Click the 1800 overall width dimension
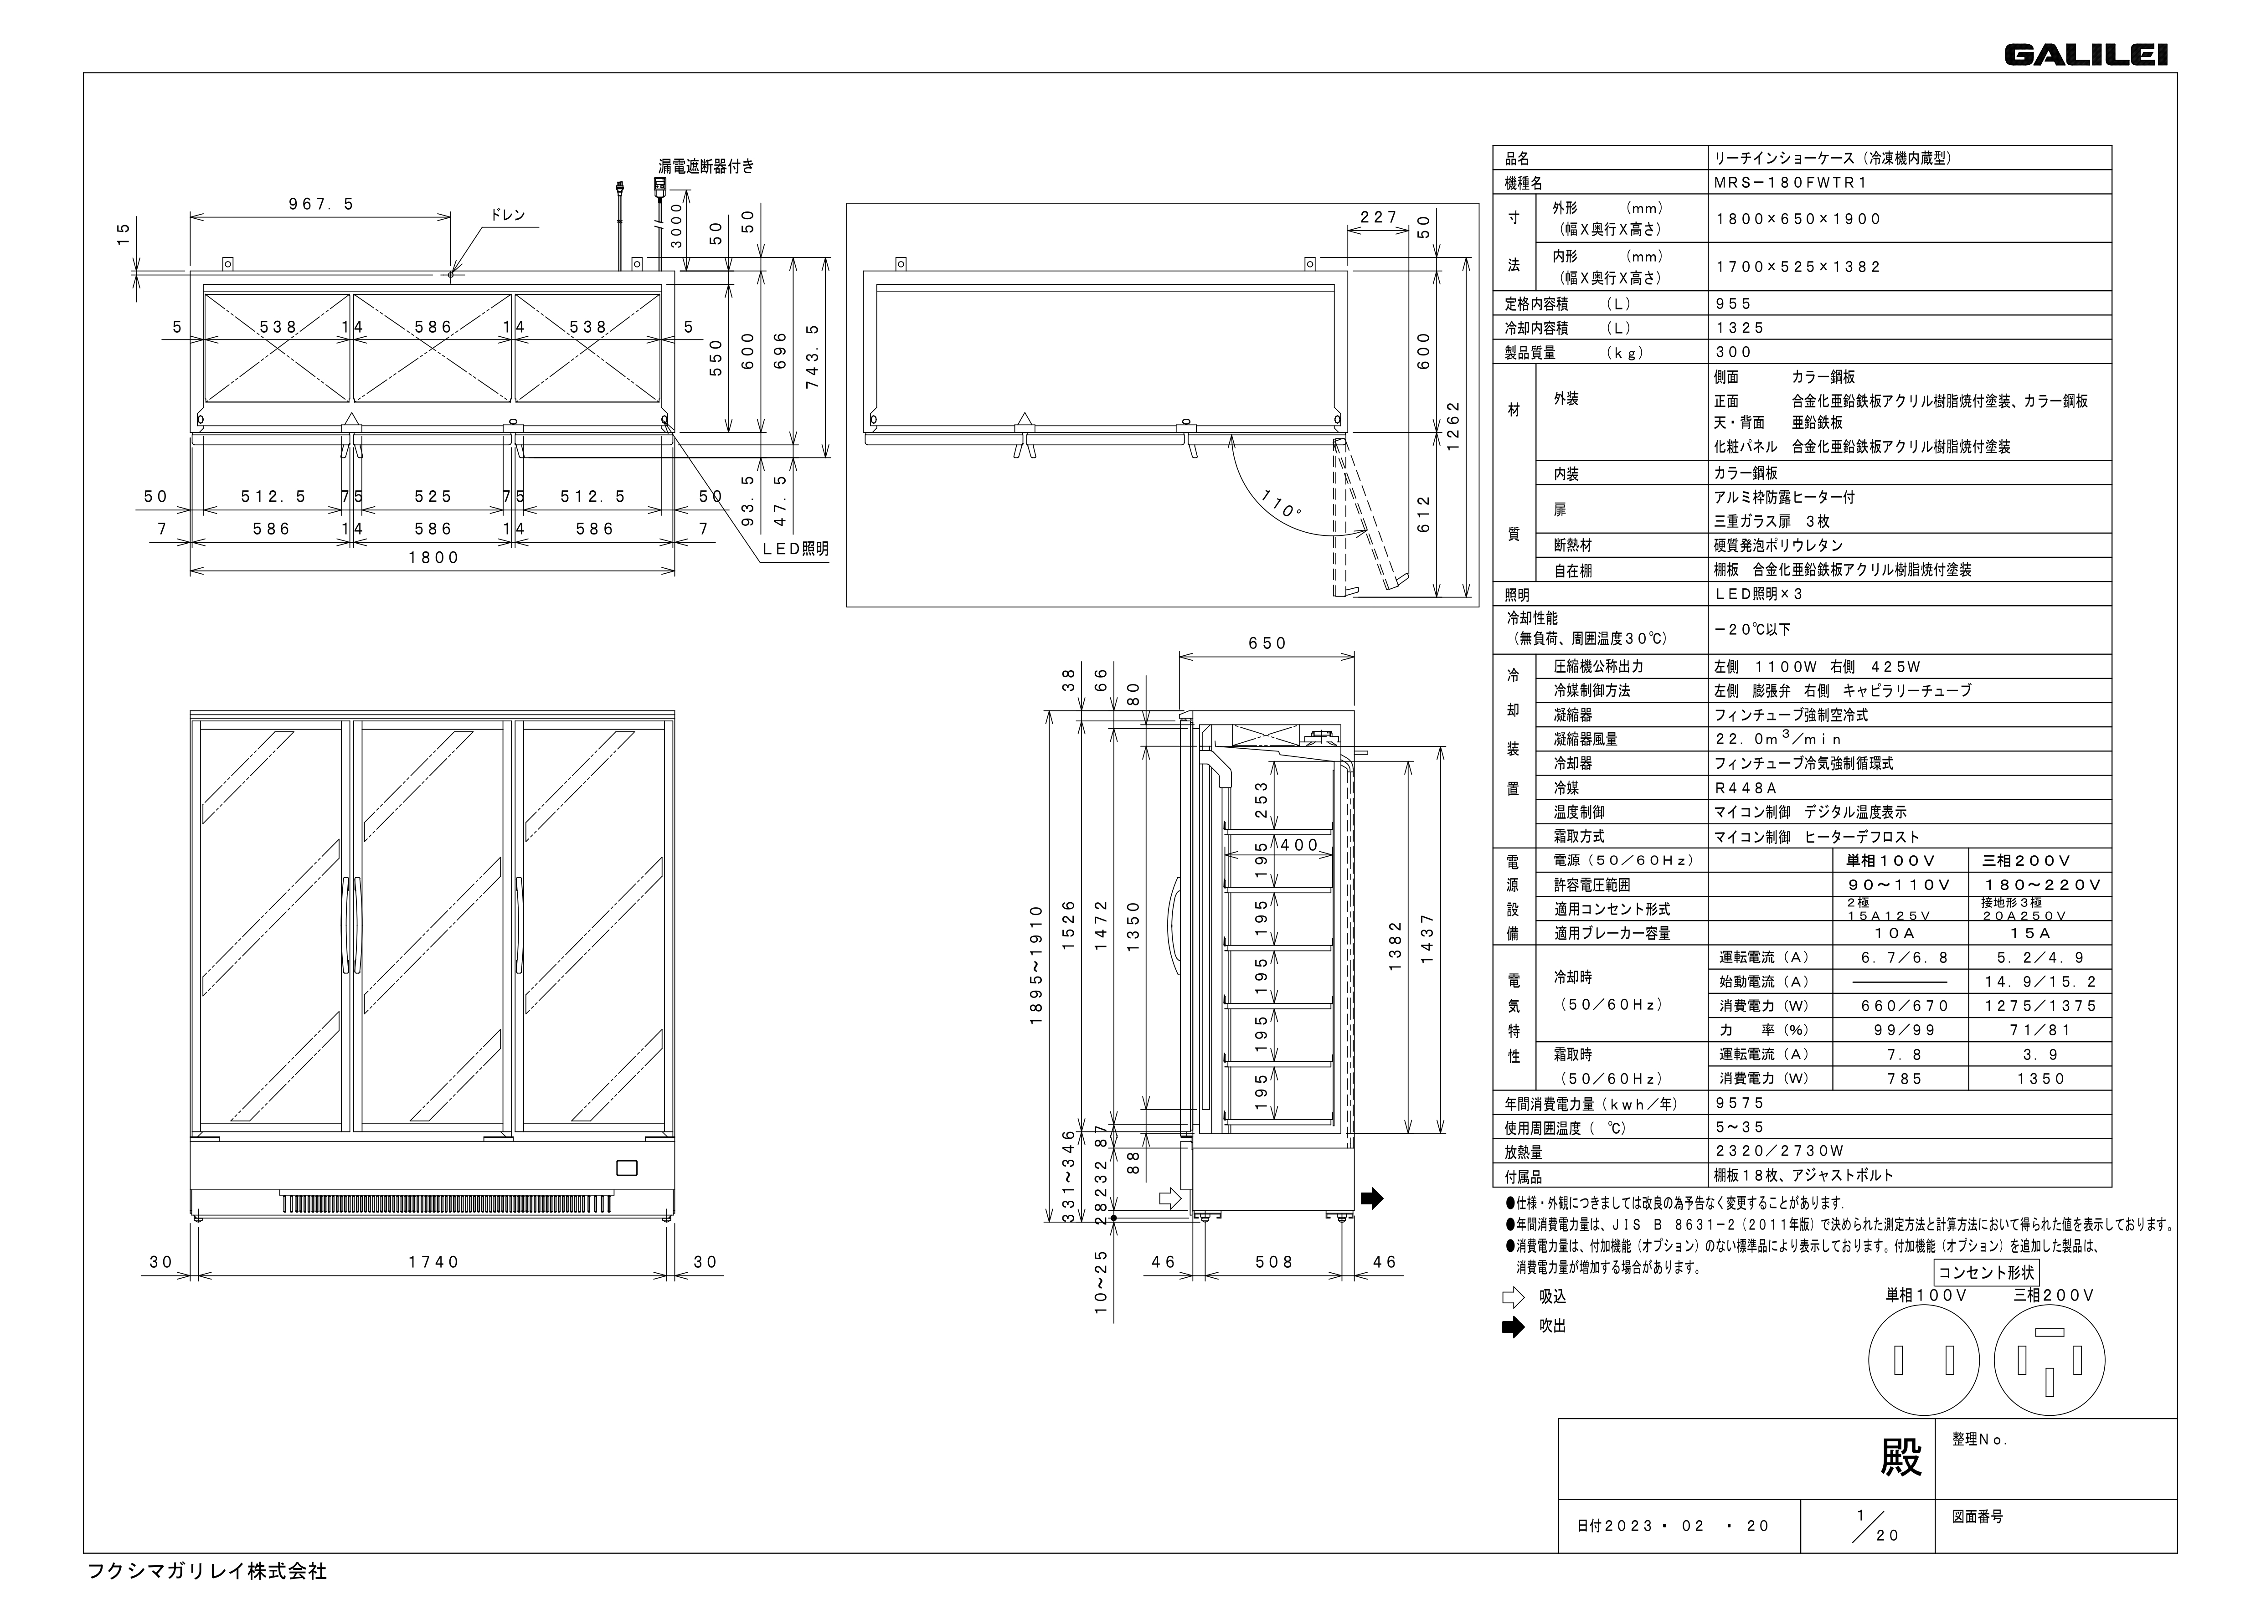[x=433, y=557]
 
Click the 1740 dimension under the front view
[x=433, y=1262]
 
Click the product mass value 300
[x=1733, y=351]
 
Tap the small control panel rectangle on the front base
[x=626, y=1169]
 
